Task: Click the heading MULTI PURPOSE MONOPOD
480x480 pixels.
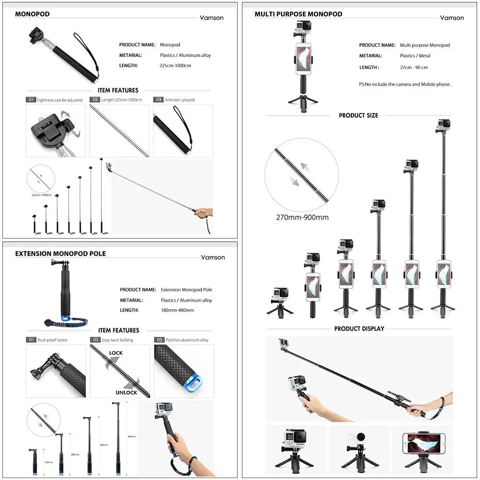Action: [x=298, y=14]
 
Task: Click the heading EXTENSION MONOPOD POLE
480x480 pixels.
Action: [x=60, y=253]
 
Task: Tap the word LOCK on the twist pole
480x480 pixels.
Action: [x=116, y=353]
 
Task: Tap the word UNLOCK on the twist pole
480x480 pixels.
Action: [x=126, y=392]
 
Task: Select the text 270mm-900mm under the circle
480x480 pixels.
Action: [x=302, y=217]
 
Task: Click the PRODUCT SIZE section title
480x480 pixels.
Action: [x=358, y=115]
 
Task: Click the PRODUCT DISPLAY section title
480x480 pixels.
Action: [x=359, y=329]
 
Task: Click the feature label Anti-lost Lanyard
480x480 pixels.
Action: [x=180, y=100]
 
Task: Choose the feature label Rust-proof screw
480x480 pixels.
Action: [x=52, y=340]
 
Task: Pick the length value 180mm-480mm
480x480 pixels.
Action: [x=177, y=311]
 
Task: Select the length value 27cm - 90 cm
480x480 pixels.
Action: [x=414, y=68]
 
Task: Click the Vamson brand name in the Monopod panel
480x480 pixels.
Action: [x=212, y=18]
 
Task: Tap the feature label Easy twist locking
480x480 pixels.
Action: [x=117, y=340]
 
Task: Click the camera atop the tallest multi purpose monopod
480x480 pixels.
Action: [x=444, y=126]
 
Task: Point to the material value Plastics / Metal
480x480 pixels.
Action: [x=415, y=56]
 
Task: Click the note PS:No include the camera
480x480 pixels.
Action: [x=405, y=84]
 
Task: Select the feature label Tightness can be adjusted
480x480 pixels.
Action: [x=60, y=100]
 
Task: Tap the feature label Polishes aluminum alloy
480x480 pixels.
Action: [x=187, y=340]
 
